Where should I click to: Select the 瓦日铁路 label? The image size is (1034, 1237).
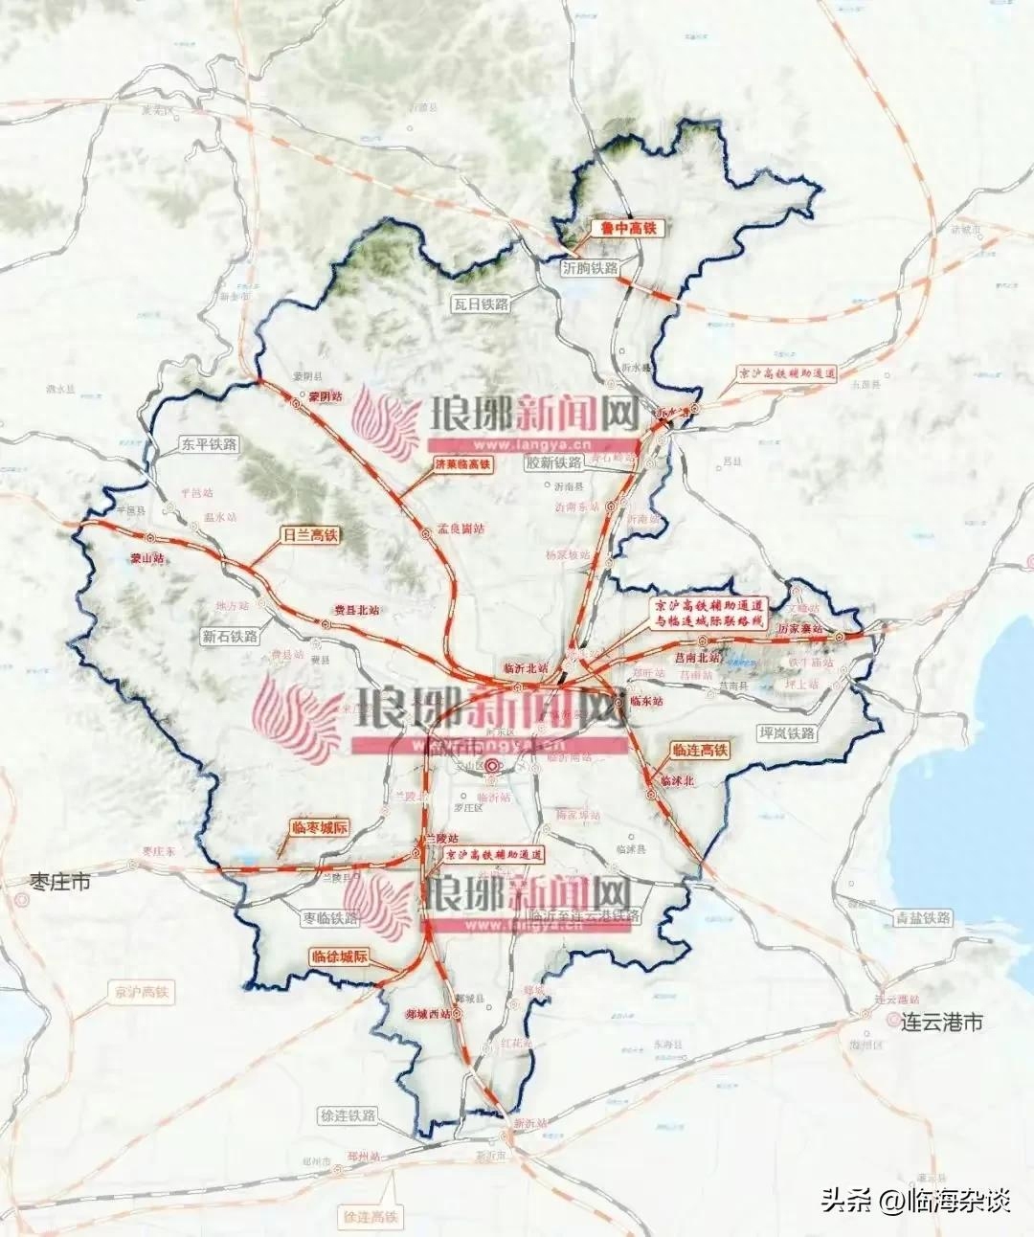tap(482, 304)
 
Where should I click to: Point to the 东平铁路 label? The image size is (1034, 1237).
tap(209, 444)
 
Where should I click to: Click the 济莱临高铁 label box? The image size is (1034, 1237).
tap(456, 465)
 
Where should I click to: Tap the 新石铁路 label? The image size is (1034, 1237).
tap(231, 636)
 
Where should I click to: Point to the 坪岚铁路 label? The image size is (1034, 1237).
tap(786, 732)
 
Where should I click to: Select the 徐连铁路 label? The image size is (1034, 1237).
tap(348, 1116)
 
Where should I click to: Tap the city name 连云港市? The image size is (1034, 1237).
tap(942, 1023)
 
